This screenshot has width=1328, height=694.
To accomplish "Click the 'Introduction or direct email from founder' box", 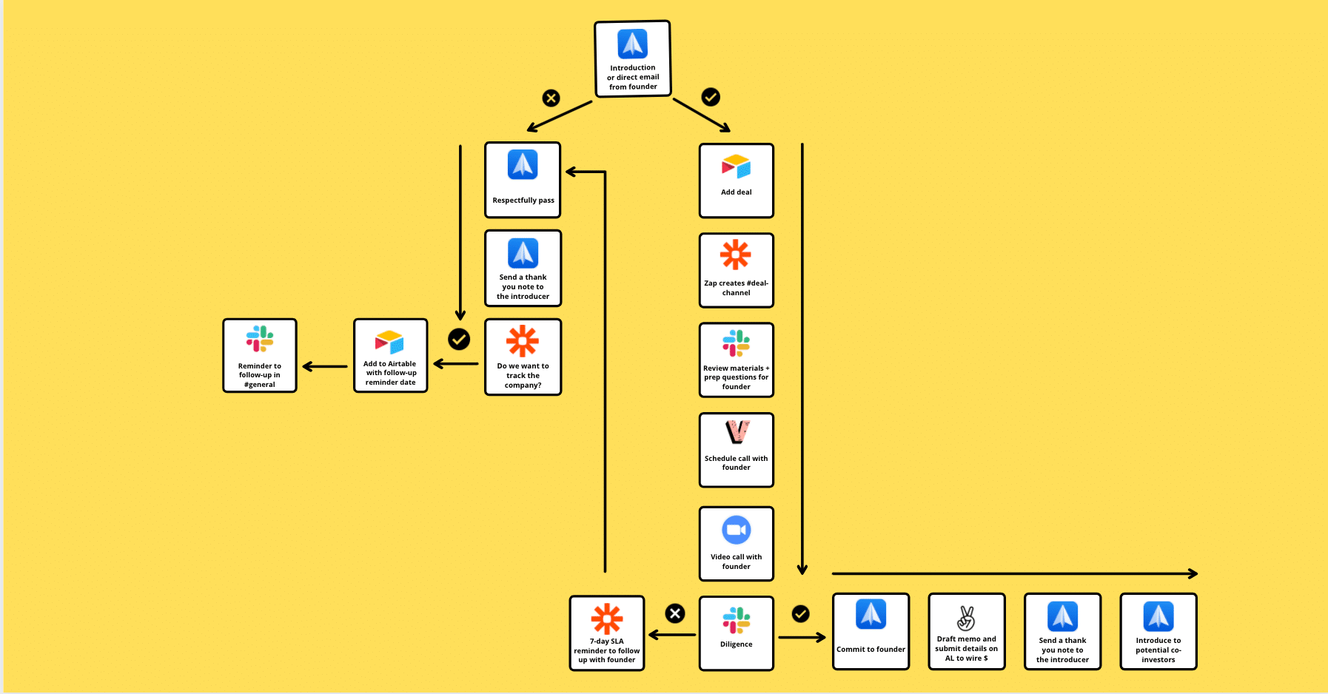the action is click(x=633, y=59).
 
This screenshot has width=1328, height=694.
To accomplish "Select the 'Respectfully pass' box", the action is click(x=523, y=180).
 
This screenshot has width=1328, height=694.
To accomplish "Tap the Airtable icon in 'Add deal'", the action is click(x=737, y=167).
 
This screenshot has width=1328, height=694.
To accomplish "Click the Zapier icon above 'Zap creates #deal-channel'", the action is click(x=736, y=255).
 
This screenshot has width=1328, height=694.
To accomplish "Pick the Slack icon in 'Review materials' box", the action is click(x=737, y=343).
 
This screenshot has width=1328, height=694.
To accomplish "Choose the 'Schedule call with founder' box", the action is click(x=737, y=450).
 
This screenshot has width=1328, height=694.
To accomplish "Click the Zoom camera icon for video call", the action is click(x=737, y=530).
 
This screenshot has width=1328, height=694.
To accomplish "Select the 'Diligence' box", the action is click(x=737, y=633).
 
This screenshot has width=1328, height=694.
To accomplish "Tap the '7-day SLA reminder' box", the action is click(x=607, y=633).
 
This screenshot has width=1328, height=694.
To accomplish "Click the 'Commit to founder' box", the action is click(x=871, y=631).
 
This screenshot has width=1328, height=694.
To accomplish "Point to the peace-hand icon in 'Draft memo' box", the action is click(x=966, y=618).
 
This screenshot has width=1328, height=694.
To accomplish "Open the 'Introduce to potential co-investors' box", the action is click(x=1158, y=631).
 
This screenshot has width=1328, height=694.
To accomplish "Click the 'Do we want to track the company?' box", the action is click(x=523, y=357).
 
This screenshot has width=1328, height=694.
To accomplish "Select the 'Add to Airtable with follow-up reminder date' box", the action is click(x=391, y=355).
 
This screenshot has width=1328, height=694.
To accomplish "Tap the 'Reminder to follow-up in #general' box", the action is click(x=260, y=355).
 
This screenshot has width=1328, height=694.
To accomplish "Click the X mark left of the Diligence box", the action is click(x=675, y=613).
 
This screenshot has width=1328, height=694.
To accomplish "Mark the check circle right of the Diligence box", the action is click(x=801, y=614).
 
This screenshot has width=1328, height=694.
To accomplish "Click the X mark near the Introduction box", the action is click(x=551, y=98).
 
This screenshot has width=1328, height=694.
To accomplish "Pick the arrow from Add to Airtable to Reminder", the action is click(x=325, y=366).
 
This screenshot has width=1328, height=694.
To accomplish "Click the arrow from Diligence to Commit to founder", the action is click(x=802, y=637).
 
